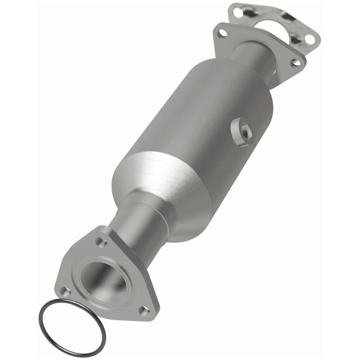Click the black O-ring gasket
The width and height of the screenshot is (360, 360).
[47, 310]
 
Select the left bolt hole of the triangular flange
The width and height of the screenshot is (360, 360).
[66, 291]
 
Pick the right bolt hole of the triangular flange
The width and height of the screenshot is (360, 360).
[144, 310]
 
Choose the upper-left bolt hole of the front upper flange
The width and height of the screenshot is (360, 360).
[221, 32]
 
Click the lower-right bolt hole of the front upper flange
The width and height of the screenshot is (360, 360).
[295, 63]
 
